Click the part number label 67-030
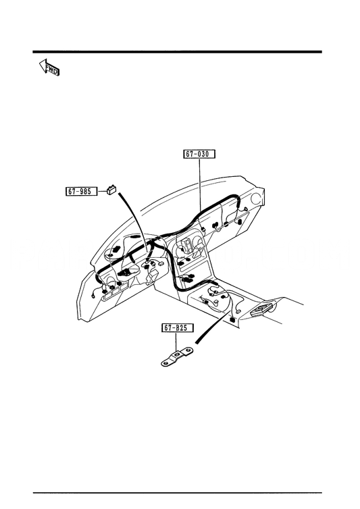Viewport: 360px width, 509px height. [x=199, y=153]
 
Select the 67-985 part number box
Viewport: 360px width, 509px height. [x=82, y=191]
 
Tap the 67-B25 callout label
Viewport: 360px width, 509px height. [x=178, y=328]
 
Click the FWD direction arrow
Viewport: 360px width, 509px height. [x=49, y=68]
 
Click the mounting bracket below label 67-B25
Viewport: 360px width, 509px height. [x=177, y=356]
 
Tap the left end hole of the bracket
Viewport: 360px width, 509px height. [x=166, y=363]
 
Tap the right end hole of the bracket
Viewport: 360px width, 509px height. [x=188, y=350]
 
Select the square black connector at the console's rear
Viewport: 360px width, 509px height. [x=232, y=319]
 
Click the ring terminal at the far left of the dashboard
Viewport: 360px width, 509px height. [x=94, y=296]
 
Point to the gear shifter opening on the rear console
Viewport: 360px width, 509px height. [x=261, y=309]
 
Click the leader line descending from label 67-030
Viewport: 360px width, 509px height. [x=199, y=184]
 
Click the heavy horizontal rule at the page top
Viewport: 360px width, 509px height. [x=178, y=52]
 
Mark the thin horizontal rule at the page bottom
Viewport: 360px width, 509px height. [x=178, y=493]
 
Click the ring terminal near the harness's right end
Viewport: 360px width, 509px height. [x=246, y=209]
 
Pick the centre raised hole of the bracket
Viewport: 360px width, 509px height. [x=176, y=355]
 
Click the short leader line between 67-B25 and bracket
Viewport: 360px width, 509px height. [x=176, y=342]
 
